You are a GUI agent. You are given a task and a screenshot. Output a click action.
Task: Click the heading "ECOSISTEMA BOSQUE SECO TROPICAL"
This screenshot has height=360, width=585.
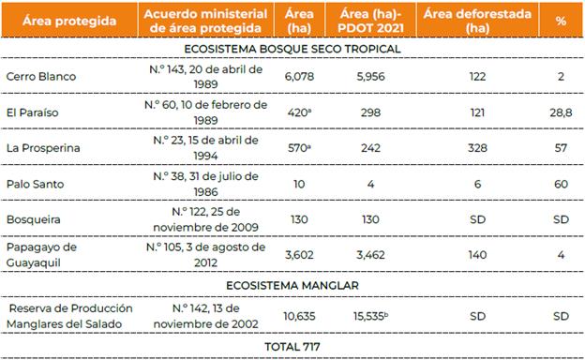click(292, 48)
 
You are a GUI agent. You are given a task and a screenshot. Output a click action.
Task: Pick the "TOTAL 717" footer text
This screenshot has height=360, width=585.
click(292, 347)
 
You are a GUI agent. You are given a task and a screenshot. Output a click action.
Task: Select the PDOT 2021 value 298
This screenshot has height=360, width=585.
click(371, 111)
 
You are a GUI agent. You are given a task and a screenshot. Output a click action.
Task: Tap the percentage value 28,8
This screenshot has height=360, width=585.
click(561, 111)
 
